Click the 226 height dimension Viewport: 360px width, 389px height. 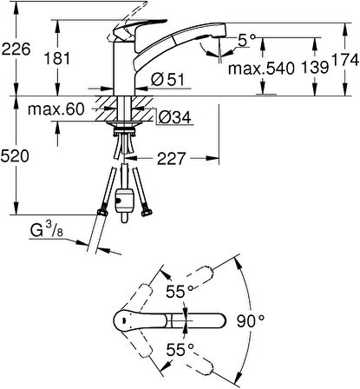pyautogui.click(x=16, y=49)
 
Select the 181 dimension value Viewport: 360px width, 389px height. pyautogui.click(x=57, y=59)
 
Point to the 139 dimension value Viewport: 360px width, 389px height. pyautogui.click(x=315, y=68)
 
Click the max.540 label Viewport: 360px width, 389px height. pyautogui.click(x=261, y=69)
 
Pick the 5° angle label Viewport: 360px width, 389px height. pyautogui.click(x=246, y=41)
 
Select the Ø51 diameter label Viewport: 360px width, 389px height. pyautogui.click(x=167, y=80)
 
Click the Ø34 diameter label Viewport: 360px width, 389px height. pyautogui.click(x=174, y=117)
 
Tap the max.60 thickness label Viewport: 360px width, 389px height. pyautogui.click(x=56, y=109)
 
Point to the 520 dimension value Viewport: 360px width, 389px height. pyautogui.click(x=15, y=156)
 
